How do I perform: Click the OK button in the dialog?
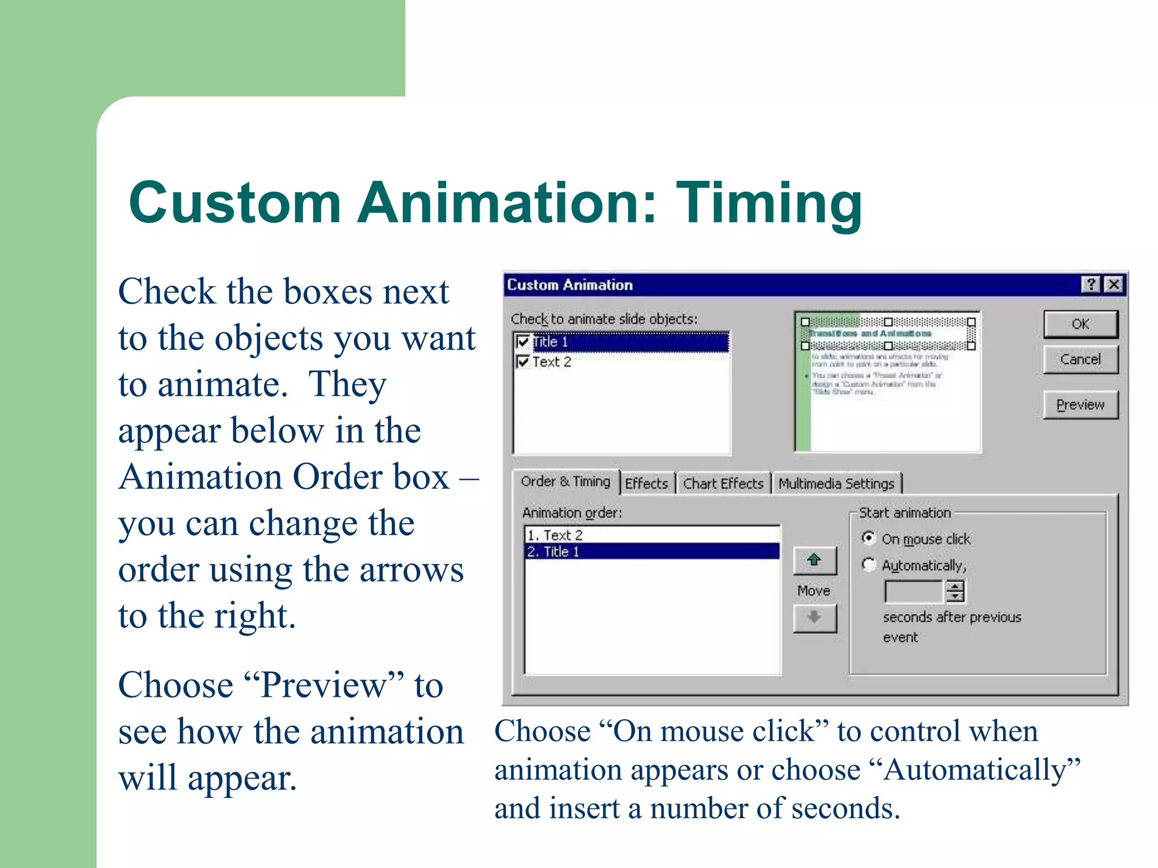click(x=1080, y=324)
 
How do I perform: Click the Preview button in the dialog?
click(x=1080, y=405)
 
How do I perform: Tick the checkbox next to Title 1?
click(x=523, y=342)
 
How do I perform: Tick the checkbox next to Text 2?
click(x=523, y=362)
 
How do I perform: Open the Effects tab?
click(x=646, y=484)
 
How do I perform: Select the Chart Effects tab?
click(x=723, y=484)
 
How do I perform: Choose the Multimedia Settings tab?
click(x=836, y=484)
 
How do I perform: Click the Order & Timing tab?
click(x=565, y=481)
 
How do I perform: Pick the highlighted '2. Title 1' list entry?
click(x=650, y=552)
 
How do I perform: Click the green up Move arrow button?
click(x=814, y=561)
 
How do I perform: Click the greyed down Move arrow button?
click(x=814, y=618)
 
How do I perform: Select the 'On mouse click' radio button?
click(x=868, y=538)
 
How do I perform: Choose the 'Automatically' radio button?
click(x=868, y=565)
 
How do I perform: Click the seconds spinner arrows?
click(x=955, y=592)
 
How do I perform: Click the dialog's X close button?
click(x=1113, y=284)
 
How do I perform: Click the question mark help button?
click(x=1091, y=284)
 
